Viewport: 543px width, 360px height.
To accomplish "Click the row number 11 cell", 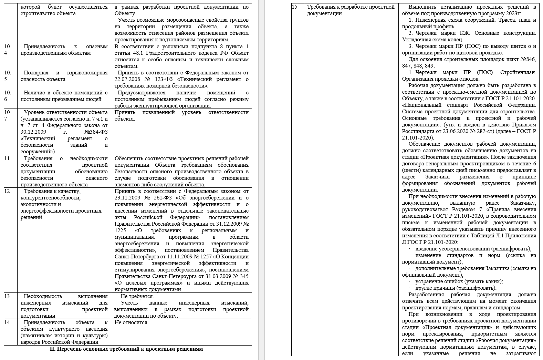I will click(8, 158).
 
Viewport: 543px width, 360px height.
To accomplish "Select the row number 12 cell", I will click(8, 191).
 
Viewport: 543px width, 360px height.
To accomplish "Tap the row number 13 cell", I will click(8, 296).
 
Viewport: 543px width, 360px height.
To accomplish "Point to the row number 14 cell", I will click(8, 322).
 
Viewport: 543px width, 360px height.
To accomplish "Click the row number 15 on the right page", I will click(294, 7).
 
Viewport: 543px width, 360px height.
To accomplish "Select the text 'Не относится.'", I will click(131, 322).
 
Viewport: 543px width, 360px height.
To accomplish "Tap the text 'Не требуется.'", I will click(137, 296).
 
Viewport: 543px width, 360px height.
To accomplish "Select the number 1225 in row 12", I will click(120, 230).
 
